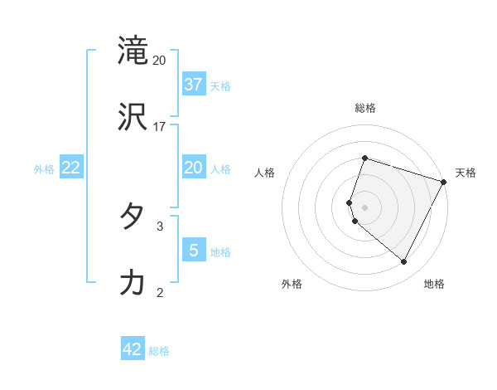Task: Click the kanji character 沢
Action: (x=133, y=117)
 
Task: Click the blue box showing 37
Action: (x=194, y=84)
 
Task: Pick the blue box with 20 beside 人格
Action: (x=193, y=168)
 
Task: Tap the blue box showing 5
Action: (x=193, y=250)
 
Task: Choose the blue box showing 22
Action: (x=71, y=168)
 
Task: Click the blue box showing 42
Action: (x=133, y=349)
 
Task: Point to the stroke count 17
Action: (x=160, y=127)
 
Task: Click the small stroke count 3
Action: (x=160, y=225)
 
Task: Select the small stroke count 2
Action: (x=160, y=292)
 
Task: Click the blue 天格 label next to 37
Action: (x=220, y=85)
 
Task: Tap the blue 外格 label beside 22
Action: (x=44, y=168)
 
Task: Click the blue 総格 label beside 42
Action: (x=159, y=351)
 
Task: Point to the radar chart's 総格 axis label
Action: (x=365, y=108)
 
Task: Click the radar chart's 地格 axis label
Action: (x=434, y=284)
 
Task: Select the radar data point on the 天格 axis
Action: (x=444, y=182)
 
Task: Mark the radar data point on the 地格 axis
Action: (x=403, y=262)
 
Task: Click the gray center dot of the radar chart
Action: (x=364, y=207)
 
